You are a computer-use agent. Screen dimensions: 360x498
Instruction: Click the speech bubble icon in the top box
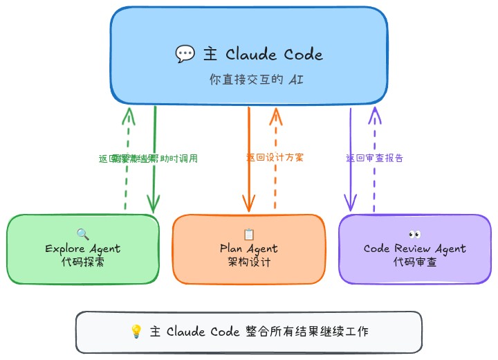pos(185,54)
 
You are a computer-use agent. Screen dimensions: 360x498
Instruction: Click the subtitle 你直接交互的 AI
pos(256,80)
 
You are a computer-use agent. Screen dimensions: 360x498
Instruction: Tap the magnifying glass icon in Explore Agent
pos(83,234)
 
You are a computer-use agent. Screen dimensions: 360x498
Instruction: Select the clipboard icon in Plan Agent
pos(249,234)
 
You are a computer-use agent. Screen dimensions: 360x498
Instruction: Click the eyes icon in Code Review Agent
pos(415,234)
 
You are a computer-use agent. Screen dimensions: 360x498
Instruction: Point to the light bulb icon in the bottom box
pos(136,332)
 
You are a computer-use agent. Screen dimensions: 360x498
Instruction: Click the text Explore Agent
pos(83,249)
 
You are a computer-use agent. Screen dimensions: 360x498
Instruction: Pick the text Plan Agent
pos(249,249)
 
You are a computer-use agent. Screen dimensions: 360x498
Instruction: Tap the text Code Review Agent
pos(415,249)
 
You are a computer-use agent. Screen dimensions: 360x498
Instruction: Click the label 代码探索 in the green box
pos(83,262)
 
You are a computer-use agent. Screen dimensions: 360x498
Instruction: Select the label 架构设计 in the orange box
pos(249,262)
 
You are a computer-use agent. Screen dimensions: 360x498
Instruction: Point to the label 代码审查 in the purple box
pos(415,262)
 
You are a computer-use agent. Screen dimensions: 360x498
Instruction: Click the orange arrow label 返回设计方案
pos(275,157)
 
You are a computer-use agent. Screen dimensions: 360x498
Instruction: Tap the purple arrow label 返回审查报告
pos(375,158)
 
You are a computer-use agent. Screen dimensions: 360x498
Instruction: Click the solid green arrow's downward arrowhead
pos(154,205)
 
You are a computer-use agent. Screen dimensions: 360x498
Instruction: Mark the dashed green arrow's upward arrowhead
pos(127,113)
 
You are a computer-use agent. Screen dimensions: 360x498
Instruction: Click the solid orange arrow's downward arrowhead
pos(248,205)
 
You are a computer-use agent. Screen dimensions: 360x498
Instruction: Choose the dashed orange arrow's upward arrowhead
pos(275,113)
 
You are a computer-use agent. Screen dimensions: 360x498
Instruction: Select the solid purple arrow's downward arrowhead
pos(351,204)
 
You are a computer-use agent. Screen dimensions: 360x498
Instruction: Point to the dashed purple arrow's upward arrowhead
pos(374,113)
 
